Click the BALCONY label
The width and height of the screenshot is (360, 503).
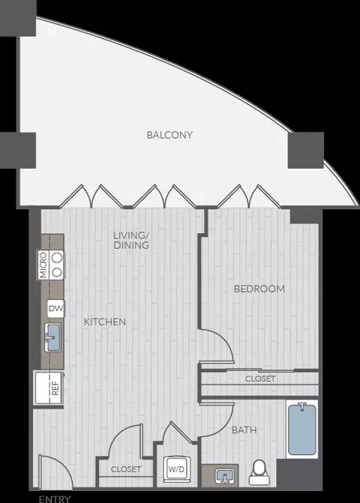tap(169, 135)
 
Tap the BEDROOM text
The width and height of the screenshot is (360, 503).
tap(259, 289)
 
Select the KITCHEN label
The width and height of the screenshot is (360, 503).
tap(104, 322)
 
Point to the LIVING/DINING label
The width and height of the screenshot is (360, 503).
tap(131, 240)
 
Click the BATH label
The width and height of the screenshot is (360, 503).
tap(244, 430)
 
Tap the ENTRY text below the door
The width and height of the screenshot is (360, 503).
tap(55, 499)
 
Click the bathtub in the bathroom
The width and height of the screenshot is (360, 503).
tap(302, 429)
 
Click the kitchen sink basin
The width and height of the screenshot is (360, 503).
tap(52, 338)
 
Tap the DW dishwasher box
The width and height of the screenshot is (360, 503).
tap(55, 309)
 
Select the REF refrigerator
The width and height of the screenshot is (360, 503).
tap(49, 388)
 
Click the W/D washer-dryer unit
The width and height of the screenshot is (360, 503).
tap(176, 469)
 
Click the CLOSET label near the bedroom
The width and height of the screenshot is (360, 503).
tap(260, 379)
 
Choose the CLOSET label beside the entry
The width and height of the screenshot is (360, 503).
tap(126, 469)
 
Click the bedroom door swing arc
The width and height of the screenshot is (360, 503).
tap(223, 340)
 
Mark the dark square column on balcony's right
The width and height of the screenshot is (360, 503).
tap(305, 150)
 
